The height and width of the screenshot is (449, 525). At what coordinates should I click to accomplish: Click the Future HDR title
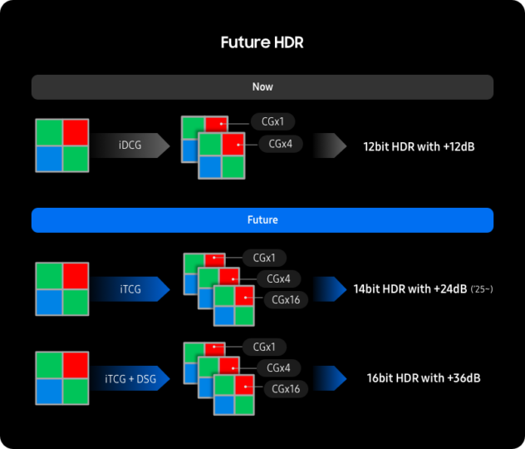click(x=262, y=42)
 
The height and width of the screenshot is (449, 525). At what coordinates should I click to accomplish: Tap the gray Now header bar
click(x=262, y=86)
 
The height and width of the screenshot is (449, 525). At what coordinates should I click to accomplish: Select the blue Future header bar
click(x=262, y=220)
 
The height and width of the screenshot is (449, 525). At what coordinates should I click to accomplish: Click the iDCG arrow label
click(x=130, y=146)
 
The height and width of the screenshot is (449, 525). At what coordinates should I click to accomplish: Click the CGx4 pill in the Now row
click(x=280, y=144)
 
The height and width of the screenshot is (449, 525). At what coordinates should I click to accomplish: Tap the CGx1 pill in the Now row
click(x=272, y=121)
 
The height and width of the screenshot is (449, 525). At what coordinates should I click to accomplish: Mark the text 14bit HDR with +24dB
click(x=409, y=289)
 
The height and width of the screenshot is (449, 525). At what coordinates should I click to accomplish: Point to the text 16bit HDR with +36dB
click(x=424, y=378)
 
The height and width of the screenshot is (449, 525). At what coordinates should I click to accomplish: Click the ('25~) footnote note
click(x=483, y=289)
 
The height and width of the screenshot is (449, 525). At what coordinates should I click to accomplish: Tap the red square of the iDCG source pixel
click(x=75, y=132)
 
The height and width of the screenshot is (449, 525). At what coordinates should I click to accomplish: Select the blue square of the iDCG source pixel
click(x=49, y=159)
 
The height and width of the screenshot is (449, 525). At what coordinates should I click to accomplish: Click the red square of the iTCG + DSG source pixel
click(x=75, y=365)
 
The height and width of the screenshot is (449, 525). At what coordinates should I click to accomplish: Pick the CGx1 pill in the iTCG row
click(x=265, y=257)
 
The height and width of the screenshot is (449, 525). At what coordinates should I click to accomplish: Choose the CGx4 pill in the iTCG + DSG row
click(x=278, y=368)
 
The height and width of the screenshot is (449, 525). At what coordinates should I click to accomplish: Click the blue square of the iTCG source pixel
click(x=49, y=302)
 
